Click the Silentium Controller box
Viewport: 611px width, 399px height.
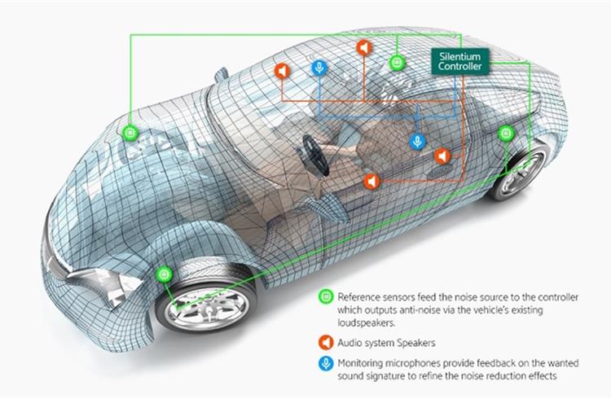pyautogui.click(x=459, y=61)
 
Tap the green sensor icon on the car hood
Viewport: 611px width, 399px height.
pyautogui.click(x=130, y=134)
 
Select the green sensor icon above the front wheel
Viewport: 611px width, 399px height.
pyautogui.click(x=164, y=274)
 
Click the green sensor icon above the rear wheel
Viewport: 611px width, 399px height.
pyautogui.click(x=506, y=134)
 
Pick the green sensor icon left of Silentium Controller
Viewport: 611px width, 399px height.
pyautogui.click(x=397, y=63)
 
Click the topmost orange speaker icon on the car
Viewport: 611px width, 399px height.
pyautogui.click(x=364, y=47)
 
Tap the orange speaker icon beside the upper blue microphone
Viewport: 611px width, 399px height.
pyautogui.click(x=283, y=71)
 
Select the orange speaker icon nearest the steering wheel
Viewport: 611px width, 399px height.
pyautogui.click(x=371, y=182)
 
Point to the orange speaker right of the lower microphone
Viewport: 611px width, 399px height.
pyautogui.click(x=442, y=156)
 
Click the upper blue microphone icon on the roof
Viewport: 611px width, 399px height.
pyautogui.click(x=319, y=68)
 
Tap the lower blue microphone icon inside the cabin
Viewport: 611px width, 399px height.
pyautogui.click(x=418, y=141)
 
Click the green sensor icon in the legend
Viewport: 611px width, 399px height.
pyautogui.click(x=326, y=297)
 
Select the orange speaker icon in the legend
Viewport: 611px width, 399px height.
pyautogui.click(x=326, y=343)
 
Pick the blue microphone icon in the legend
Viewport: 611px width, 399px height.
pyautogui.click(x=326, y=363)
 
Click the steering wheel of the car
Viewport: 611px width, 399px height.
pyautogui.click(x=316, y=155)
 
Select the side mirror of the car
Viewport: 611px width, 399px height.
pyautogui.click(x=222, y=74)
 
